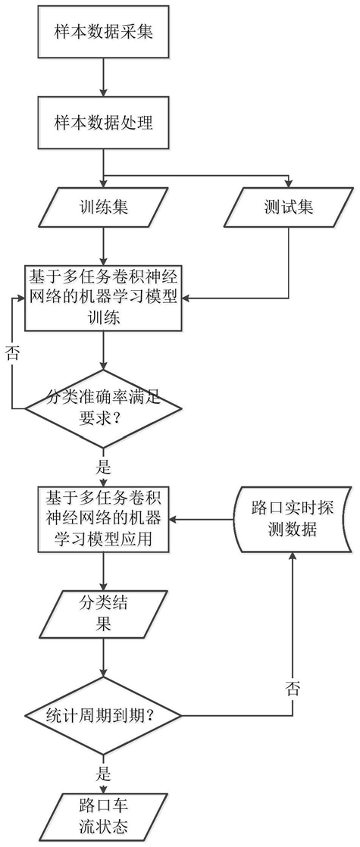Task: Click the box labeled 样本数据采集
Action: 103,31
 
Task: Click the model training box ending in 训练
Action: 103,298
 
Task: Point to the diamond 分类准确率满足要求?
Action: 103,408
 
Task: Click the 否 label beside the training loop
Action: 13,354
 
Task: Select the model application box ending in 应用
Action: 103,518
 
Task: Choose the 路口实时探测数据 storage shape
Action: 291,518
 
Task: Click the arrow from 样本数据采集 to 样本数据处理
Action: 103,77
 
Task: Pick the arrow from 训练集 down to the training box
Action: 103,245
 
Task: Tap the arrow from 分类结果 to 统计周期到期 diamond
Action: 103,657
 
